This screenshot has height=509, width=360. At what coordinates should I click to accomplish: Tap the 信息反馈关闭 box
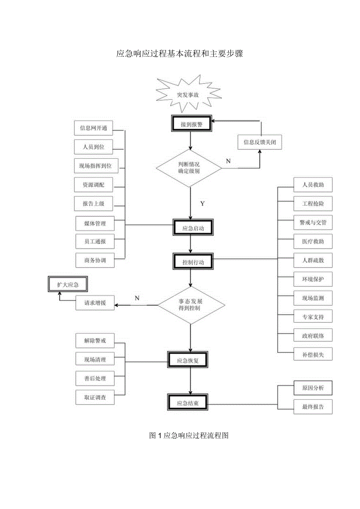(259, 142)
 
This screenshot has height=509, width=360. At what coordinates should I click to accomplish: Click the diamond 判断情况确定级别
(189, 168)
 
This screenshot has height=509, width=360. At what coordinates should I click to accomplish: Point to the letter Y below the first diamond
(202, 203)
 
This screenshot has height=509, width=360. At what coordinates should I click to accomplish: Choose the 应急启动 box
(194, 228)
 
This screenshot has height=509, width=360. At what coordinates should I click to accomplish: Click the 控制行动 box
(194, 261)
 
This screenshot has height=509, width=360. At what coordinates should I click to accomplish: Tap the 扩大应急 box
(67, 284)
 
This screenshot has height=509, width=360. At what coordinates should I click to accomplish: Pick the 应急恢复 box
(188, 360)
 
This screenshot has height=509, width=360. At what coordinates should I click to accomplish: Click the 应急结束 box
(188, 403)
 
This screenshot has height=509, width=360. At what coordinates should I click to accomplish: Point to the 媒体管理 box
(95, 223)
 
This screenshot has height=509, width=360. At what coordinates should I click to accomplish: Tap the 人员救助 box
(313, 185)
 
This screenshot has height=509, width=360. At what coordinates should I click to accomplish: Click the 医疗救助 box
(313, 241)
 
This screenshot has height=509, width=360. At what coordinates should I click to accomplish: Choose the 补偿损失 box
(313, 354)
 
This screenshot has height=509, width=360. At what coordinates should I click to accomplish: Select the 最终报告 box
(313, 406)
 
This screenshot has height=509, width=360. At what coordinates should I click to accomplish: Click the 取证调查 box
(95, 397)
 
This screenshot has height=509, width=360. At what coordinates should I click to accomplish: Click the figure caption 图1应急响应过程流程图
(189, 435)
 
